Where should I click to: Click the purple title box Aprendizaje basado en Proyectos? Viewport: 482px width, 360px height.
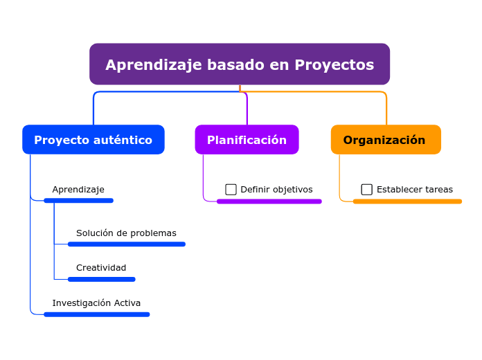click(240, 64)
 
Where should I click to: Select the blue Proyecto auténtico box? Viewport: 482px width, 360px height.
click(93, 140)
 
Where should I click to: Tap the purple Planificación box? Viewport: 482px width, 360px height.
click(247, 140)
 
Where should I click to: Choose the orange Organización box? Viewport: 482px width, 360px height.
click(386, 140)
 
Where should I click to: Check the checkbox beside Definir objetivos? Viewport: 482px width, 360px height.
click(231, 190)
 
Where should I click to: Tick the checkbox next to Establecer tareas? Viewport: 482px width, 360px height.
click(367, 190)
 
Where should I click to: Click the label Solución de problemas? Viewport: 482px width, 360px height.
click(126, 233)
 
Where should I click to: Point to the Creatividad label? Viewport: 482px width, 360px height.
click(101, 268)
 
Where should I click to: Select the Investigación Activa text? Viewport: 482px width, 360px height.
click(96, 303)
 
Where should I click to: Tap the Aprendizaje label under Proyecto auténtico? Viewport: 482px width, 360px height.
click(78, 190)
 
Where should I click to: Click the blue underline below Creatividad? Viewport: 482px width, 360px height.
click(102, 280)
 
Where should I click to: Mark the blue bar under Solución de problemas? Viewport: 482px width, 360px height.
click(127, 244)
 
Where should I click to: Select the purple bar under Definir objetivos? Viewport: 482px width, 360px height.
click(269, 201)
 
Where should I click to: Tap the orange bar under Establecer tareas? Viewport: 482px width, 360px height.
click(407, 201)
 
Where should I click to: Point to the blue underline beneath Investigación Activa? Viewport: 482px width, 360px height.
click(97, 314)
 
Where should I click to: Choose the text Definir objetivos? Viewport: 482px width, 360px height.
click(276, 190)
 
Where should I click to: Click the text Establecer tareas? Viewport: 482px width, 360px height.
click(414, 190)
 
